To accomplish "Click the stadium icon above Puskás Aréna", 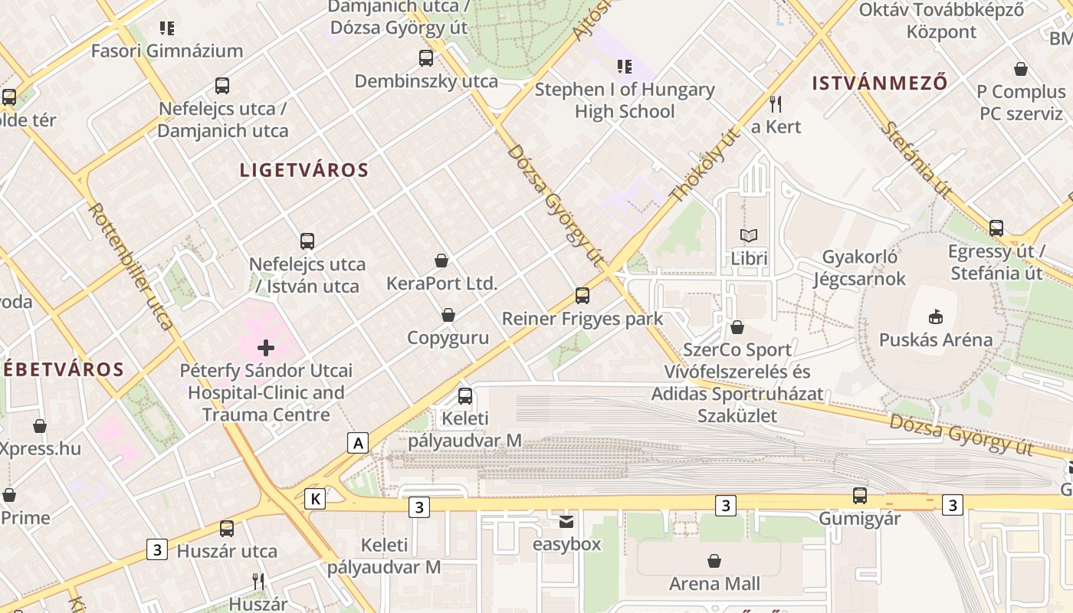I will coord(935,316).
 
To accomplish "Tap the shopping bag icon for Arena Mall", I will coord(714,561).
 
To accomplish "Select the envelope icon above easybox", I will coord(566,522).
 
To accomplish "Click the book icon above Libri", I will coord(748,236).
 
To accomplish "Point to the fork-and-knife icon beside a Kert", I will coord(776,104).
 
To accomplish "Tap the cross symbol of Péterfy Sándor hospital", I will coord(266,348).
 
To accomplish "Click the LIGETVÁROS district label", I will coord(304,170).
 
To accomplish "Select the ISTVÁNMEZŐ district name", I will coord(880,83).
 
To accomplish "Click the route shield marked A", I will coord(357,442).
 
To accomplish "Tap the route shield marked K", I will coord(314,499).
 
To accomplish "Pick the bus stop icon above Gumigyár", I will coord(860,496).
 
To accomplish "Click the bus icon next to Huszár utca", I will coord(227,528).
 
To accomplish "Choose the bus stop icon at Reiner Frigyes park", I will coord(582,295).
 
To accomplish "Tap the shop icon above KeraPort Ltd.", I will coord(441,261).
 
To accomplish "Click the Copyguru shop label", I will coord(448,338).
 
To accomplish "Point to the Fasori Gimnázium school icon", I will coord(167,28).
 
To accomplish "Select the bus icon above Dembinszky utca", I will coord(426,57).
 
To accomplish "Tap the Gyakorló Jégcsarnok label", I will coord(864,267).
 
